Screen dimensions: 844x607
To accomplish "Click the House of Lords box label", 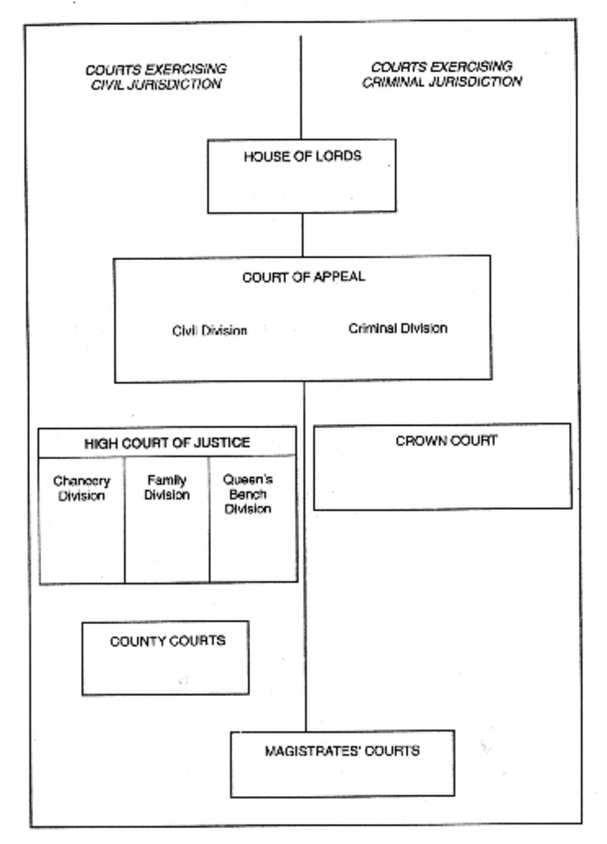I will pos(303,158).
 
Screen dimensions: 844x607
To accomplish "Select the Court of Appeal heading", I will pos(303,277).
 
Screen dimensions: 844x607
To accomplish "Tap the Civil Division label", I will pos(210,331).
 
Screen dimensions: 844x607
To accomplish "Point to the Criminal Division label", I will pos(398,327).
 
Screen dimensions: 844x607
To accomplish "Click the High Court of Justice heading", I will pos(167,442).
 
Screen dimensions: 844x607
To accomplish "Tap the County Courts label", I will pos(167,641).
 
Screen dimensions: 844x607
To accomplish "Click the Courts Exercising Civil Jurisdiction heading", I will pos(154,77).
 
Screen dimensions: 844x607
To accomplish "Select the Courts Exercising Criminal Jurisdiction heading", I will pos(442,75).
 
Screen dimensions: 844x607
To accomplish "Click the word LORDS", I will pos(338,158).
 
